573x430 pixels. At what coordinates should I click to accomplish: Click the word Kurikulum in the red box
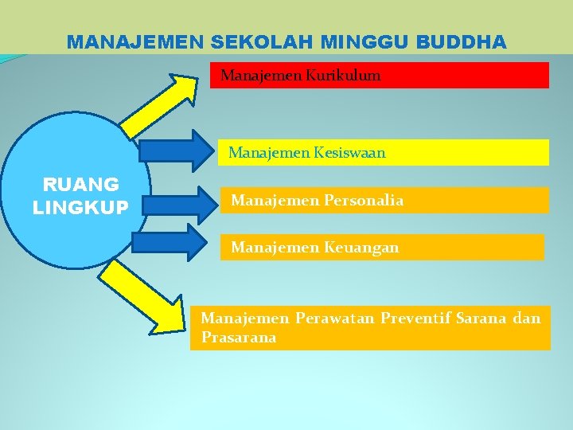(344, 76)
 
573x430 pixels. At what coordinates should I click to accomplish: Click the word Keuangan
(361, 248)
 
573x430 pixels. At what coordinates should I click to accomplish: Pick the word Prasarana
(239, 338)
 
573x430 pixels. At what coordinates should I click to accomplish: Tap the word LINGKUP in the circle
(80, 207)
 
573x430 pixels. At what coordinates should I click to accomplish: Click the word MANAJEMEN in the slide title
(129, 41)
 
